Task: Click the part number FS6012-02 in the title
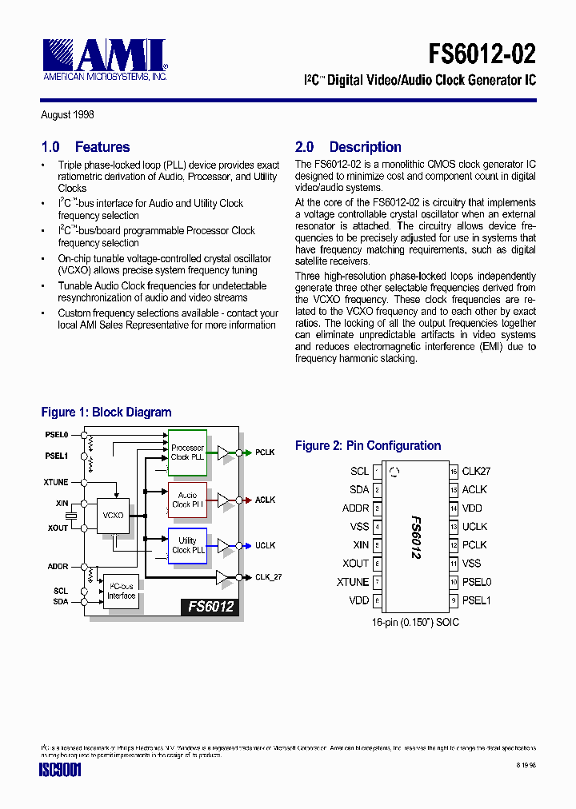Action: [x=482, y=54]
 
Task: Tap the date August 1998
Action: [x=67, y=115]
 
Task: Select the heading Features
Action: [x=102, y=147]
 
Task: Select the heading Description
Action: [x=365, y=147]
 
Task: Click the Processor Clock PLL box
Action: [x=187, y=452]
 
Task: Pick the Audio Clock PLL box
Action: [x=187, y=500]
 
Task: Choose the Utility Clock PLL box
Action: [x=187, y=545]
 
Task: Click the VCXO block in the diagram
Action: [x=113, y=516]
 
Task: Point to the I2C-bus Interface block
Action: [x=122, y=591]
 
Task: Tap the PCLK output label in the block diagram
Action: [x=265, y=452]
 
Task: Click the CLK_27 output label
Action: [x=268, y=576]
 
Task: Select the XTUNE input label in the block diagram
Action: [x=56, y=483]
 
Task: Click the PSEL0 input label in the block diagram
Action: [x=57, y=435]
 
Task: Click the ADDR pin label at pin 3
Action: [x=355, y=508]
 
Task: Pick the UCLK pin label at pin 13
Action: [x=474, y=527]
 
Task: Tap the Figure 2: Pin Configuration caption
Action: [x=368, y=446]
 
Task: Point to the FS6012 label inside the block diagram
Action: [x=210, y=607]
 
